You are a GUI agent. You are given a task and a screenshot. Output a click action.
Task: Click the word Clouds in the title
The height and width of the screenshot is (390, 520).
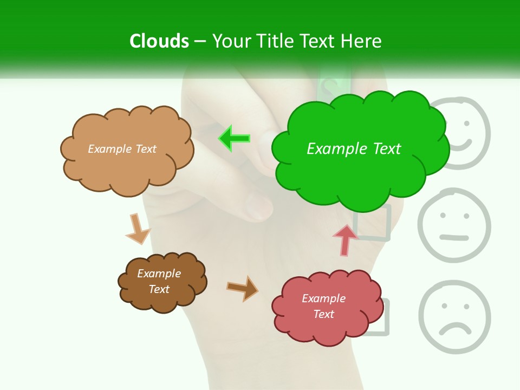tap(159, 41)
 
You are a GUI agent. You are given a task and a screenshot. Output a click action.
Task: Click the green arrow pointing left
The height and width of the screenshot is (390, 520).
tap(235, 139)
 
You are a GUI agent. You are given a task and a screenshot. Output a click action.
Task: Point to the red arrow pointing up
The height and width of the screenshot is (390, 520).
tap(345, 240)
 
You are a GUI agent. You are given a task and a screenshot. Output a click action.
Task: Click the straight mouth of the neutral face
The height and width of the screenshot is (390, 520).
tap(454, 237)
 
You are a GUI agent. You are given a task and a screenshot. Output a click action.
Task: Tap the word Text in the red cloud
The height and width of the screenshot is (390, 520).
tap(323, 314)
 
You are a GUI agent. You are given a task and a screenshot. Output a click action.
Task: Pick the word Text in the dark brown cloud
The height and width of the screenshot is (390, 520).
tap(159, 289)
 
